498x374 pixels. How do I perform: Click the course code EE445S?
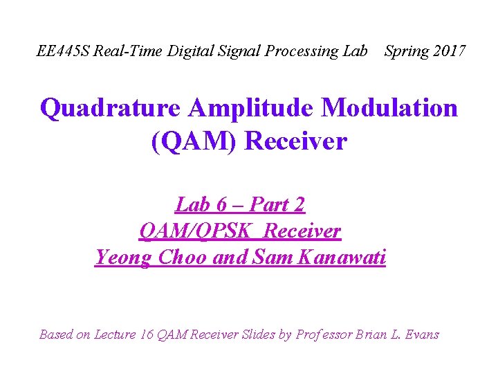(63, 51)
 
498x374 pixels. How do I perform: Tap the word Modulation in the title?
(391, 109)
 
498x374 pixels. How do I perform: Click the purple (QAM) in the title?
(194, 141)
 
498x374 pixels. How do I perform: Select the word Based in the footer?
(56, 335)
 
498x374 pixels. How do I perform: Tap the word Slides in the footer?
(259, 335)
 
